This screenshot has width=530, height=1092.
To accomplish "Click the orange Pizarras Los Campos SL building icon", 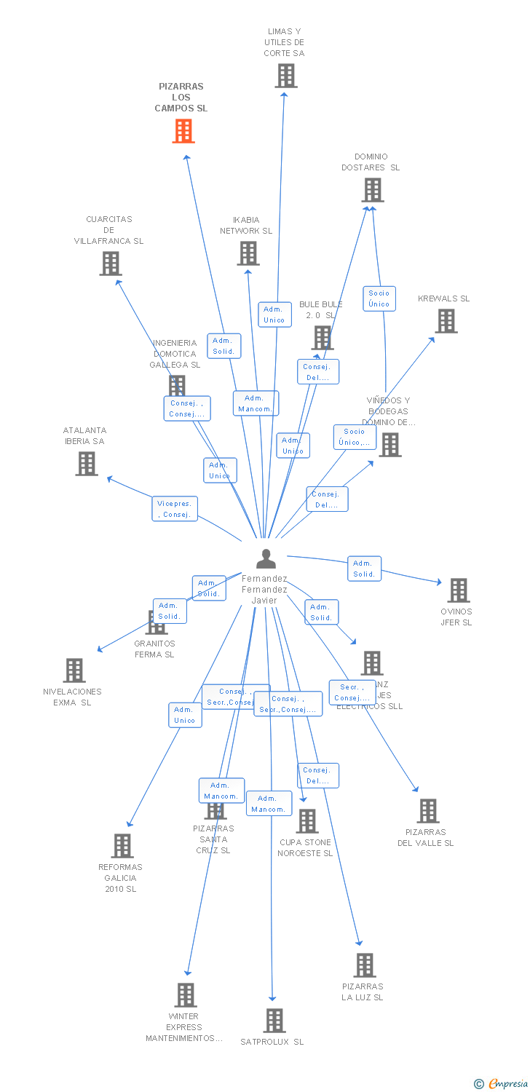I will (183, 131).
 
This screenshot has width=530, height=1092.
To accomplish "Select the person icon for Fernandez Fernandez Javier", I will (266, 558).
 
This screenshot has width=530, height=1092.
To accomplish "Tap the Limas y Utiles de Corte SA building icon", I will (286, 76).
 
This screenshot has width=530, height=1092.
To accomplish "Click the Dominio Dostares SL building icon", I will (373, 190).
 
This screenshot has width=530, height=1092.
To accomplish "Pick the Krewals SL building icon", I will (446, 321).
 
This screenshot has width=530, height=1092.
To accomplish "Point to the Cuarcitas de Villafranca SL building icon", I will (111, 264).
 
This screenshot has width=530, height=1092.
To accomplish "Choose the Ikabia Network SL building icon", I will (248, 253).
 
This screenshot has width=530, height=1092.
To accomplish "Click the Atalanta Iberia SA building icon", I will (87, 464).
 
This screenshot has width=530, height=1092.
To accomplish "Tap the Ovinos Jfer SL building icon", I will (459, 590).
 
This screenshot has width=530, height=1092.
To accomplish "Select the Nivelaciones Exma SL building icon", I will (74, 670).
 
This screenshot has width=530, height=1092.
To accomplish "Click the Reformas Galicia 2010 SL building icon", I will (122, 846).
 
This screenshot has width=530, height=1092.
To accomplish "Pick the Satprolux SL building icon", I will (274, 1021).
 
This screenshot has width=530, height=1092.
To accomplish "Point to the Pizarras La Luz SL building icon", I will (365, 965).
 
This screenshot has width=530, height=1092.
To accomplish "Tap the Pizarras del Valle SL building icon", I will (428, 811).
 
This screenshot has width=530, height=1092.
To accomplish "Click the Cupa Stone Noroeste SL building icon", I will (307, 821).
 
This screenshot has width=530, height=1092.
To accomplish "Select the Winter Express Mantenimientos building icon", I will (186, 995).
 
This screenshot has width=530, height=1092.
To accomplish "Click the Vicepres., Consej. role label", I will (175, 509).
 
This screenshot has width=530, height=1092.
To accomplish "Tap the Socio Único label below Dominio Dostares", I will (379, 298).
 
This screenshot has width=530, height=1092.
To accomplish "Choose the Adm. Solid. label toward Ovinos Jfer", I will (364, 569).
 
